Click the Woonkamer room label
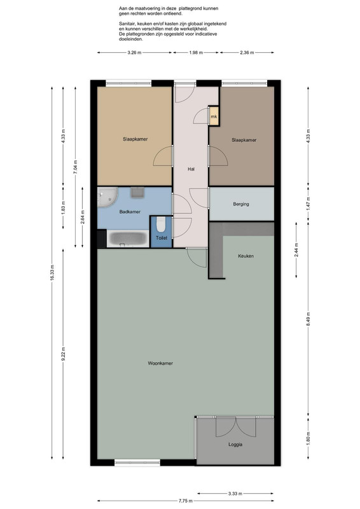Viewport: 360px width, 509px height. tap(160, 363)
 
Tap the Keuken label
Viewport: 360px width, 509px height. tap(246, 256)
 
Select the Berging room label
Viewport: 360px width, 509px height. tap(241, 204)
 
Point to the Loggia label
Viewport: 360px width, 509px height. tap(235, 445)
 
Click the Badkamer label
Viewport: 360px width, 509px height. tap(130, 212)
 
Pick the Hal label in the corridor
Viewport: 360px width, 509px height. tap(191, 169)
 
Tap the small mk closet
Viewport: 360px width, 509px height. tap(214, 116)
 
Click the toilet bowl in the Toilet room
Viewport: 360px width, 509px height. tap(161, 225)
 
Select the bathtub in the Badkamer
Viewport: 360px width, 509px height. tap(127, 239)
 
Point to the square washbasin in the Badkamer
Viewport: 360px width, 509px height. tap(137, 192)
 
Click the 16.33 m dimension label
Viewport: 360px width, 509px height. tap(52, 274)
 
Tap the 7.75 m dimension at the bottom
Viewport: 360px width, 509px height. tap(185, 501)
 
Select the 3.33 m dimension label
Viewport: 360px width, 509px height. tap(235, 494)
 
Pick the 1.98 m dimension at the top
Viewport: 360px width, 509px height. tap(196, 53)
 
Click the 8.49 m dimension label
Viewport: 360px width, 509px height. tap(308, 321)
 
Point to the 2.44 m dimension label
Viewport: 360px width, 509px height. tap(296, 250)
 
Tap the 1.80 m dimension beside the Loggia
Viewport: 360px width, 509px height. tap(308, 438)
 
